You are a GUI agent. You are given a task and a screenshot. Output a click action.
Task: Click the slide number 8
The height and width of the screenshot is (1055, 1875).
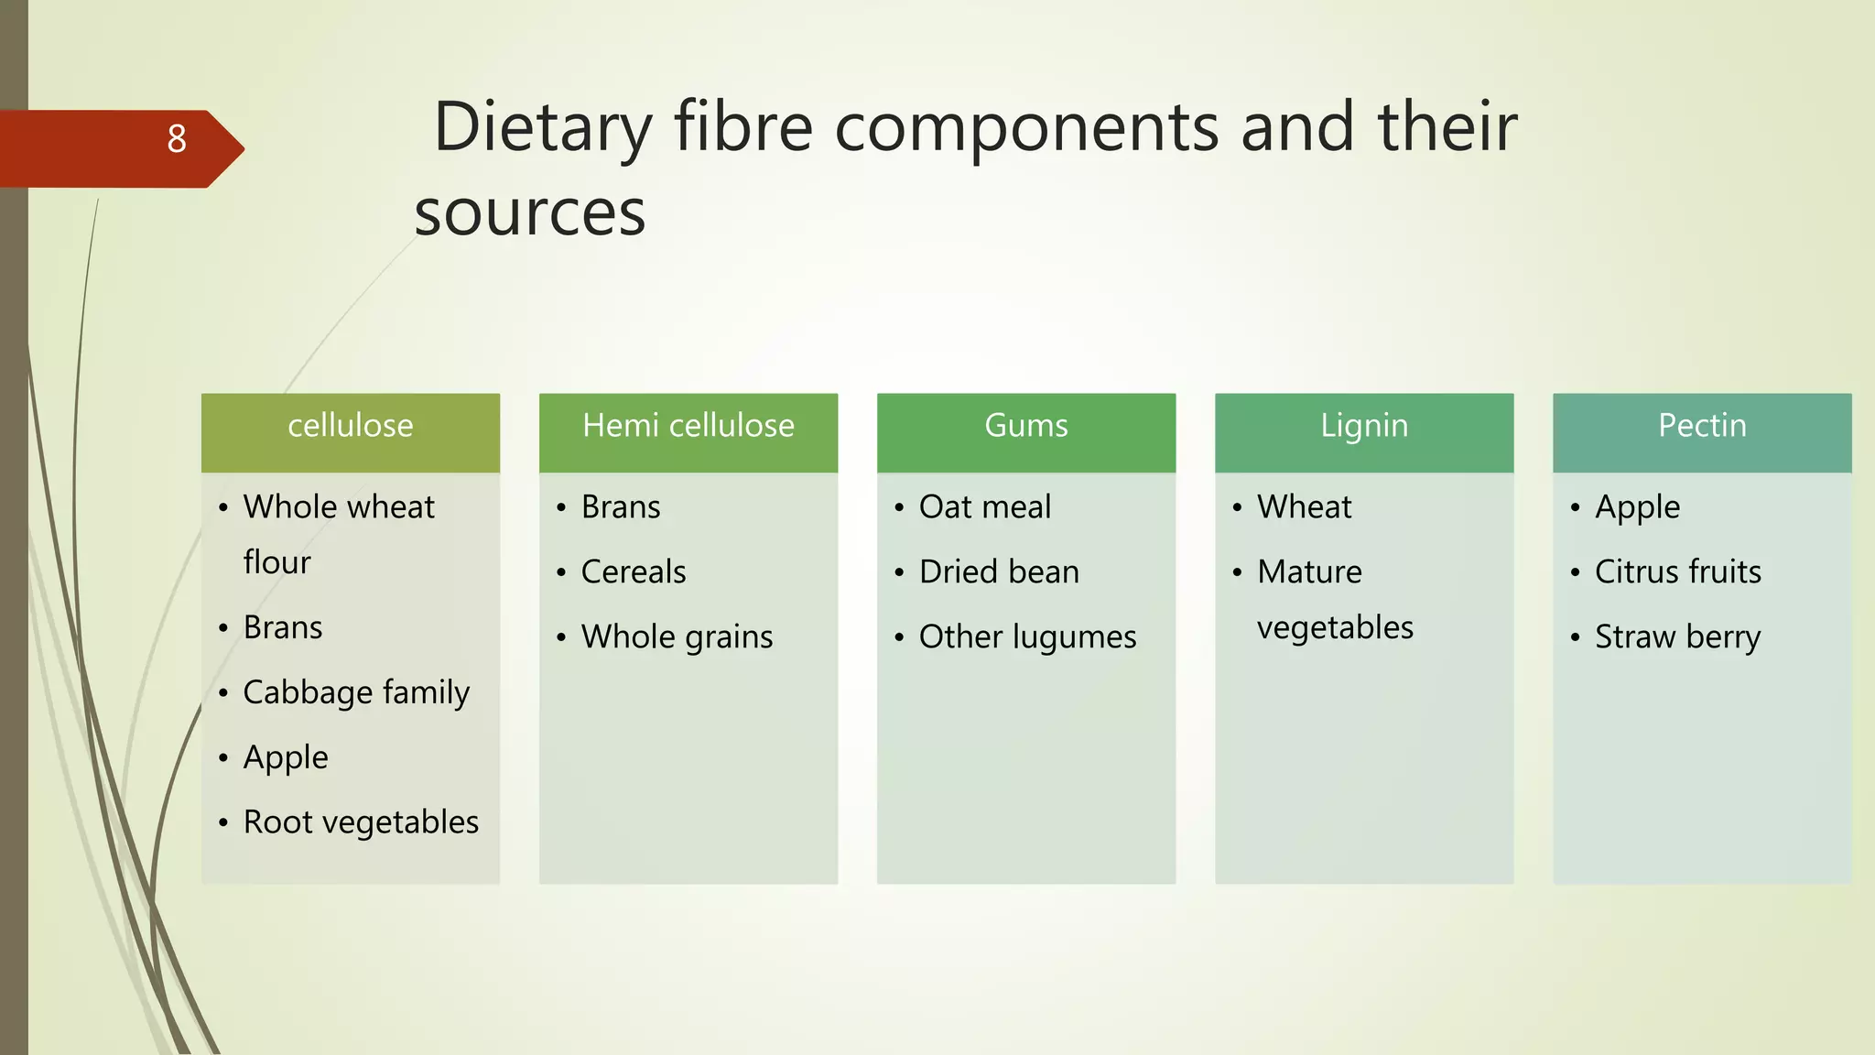point(177,139)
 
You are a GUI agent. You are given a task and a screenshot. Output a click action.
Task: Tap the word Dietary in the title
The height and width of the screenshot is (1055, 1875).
point(542,127)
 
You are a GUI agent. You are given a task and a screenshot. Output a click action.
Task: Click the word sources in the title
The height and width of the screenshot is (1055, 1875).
point(529,212)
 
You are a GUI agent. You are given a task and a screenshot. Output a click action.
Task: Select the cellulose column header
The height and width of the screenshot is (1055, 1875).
point(351,426)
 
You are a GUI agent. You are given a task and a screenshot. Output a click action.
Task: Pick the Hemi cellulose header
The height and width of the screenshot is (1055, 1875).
point(688,426)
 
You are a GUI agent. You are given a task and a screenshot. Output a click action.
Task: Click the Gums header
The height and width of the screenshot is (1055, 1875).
point(1026,426)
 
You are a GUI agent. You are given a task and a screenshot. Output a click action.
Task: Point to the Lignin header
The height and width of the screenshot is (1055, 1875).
point(1364,426)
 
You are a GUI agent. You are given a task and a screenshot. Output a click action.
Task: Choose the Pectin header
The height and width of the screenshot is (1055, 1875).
point(1702,426)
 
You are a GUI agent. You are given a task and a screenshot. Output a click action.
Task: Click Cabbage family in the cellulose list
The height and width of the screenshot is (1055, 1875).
point(356,692)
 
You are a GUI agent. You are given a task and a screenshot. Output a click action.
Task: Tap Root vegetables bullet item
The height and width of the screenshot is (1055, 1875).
point(361,822)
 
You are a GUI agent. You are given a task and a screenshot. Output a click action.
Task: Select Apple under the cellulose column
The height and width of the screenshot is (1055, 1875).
point(286,757)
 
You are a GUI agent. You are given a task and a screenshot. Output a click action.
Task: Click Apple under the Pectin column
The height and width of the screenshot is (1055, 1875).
point(1637,507)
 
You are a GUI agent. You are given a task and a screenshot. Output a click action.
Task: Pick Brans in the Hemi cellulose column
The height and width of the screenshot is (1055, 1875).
point(621,507)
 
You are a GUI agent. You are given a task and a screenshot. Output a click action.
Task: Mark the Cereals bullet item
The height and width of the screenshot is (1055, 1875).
point(634,572)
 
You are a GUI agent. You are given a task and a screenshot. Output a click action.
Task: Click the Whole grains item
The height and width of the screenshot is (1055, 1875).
point(677,637)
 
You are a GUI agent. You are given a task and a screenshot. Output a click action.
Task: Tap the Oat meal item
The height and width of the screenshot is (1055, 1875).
point(985,507)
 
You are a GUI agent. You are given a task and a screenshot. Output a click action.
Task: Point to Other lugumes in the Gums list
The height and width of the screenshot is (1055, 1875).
point(1027,637)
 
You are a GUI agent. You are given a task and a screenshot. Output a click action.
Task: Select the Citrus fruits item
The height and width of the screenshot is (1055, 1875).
point(1677,572)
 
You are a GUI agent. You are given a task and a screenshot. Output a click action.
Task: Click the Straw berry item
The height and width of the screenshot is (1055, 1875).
point(1677,637)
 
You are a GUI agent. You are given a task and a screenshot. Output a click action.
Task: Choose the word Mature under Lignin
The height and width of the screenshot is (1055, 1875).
point(1309,572)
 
